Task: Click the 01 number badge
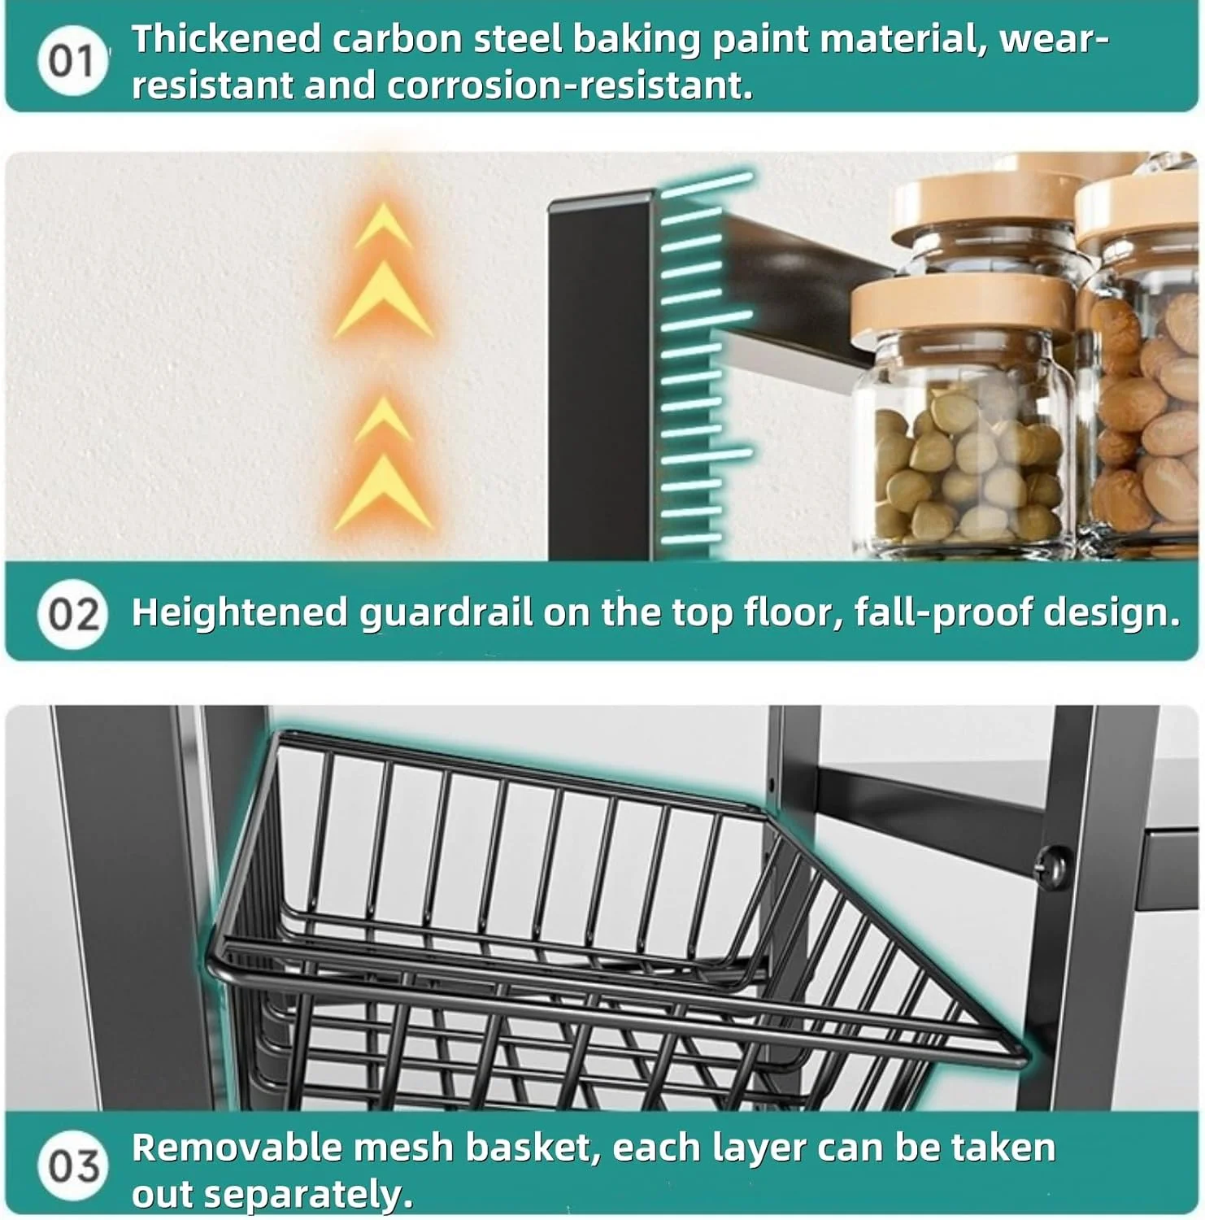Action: pyautogui.click(x=72, y=61)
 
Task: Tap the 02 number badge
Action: pyautogui.click(x=72, y=613)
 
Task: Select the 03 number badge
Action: pyautogui.click(x=72, y=1166)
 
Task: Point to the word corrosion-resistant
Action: pyautogui.click(x=569, y=86)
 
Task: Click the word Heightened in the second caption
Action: pyautogui.click(x=240, y=612)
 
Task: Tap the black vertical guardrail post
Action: pyautogui.click(x=600, y=375)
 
